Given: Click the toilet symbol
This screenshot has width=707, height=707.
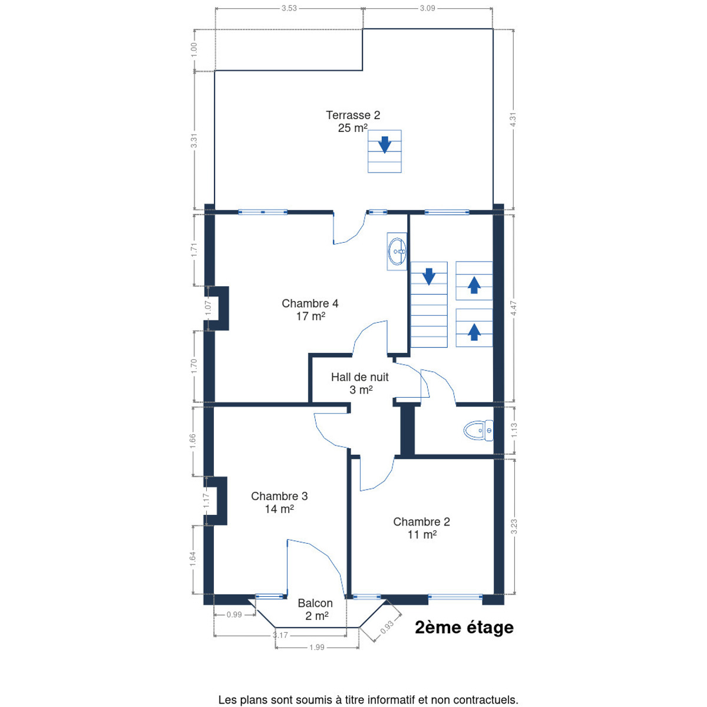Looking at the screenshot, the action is click(478, 430).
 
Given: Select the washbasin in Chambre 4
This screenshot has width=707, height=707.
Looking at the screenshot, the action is click(397, 252).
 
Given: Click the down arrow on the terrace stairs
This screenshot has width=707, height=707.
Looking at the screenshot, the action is click(385, 144).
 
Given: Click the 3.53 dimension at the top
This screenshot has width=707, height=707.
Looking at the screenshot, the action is click(289, 8).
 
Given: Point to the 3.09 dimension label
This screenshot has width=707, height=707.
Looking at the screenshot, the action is click(427, 8).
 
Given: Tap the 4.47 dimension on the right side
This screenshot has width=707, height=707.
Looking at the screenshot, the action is click(514, 308).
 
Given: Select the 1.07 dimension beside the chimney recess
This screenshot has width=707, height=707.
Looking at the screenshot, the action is click(208, 308).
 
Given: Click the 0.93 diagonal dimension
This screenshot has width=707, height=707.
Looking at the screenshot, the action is click(386, 627).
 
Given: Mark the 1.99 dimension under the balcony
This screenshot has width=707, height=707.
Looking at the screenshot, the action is click(316, 647).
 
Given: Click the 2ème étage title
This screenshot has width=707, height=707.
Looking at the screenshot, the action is click(464, 627).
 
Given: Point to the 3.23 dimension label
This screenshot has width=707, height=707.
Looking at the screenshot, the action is click(514, 527).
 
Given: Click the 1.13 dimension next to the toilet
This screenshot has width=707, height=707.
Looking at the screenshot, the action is click(514, 430).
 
